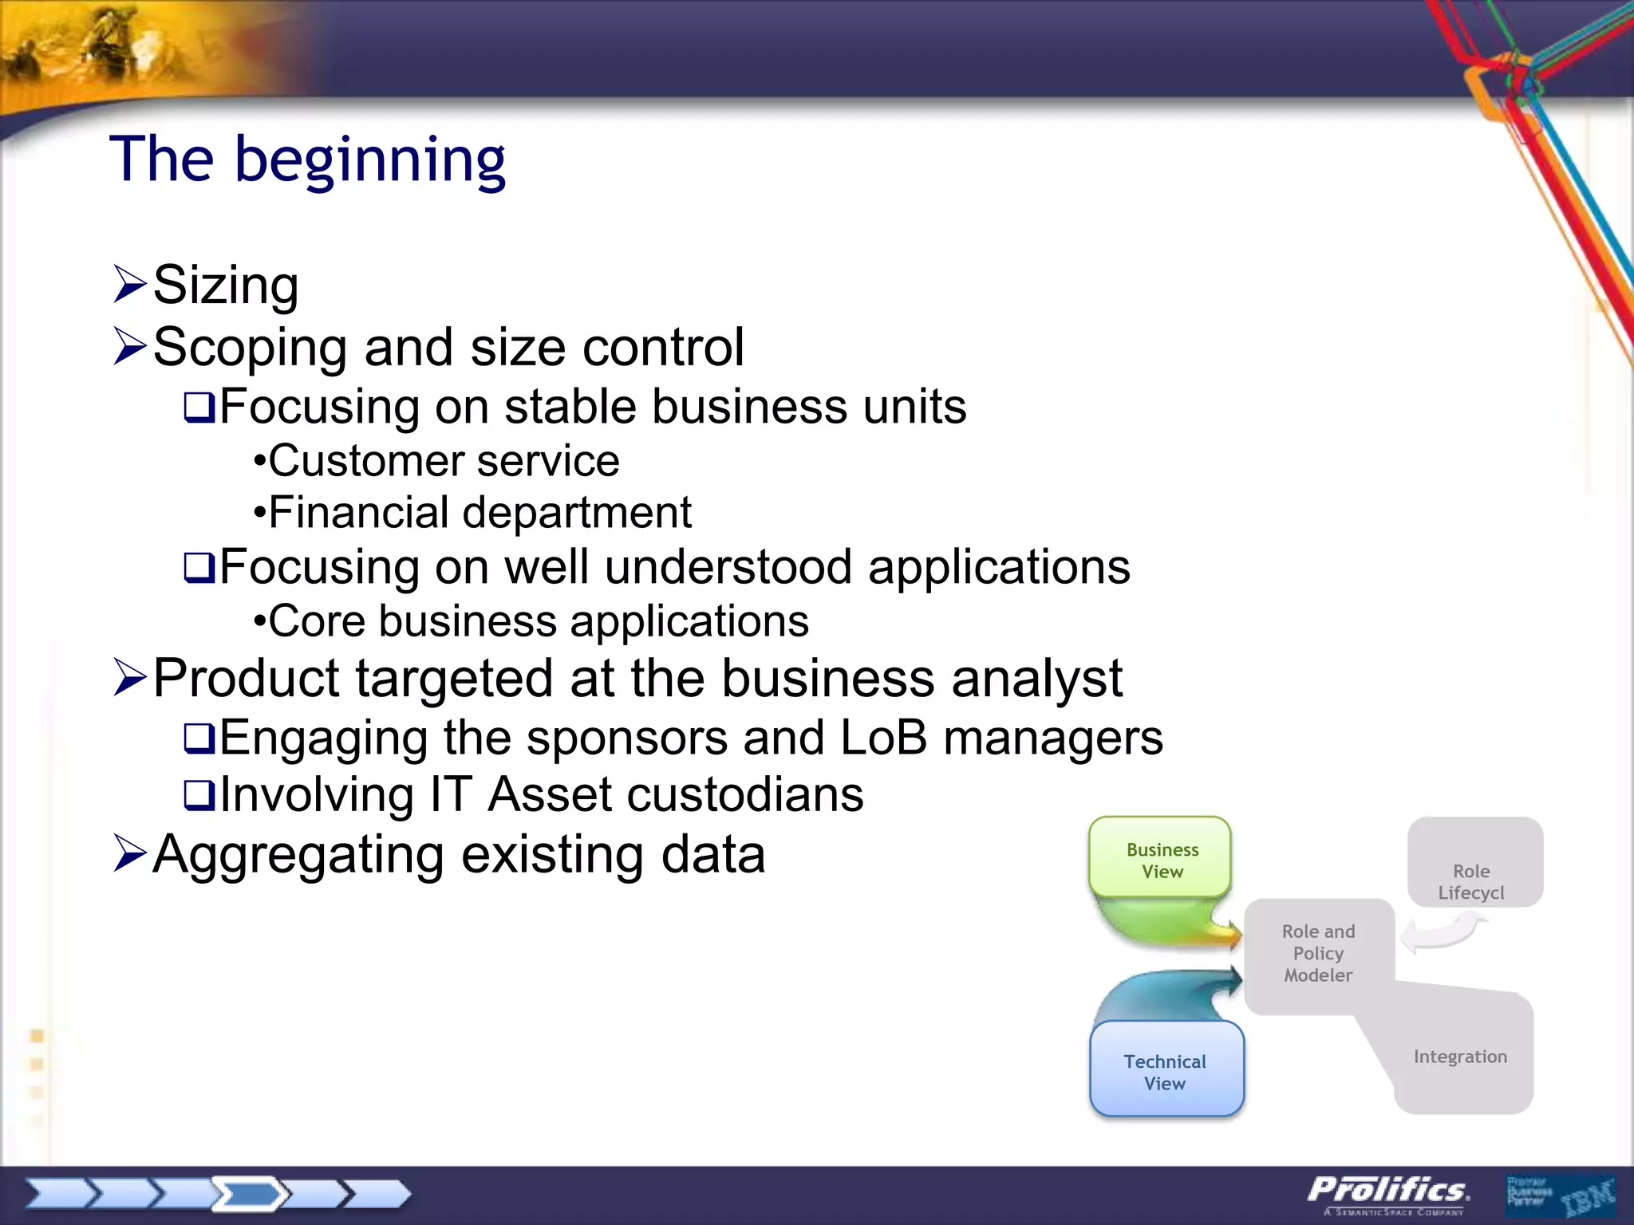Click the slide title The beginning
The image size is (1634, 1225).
pyautogui.click(x=307, y=160)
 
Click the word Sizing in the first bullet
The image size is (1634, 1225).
pyautogui.click(x=226, y=285)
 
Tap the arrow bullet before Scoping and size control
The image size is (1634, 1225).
pyautogui.click(x=130, y=346)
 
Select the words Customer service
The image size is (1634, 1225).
pyautogui.click(x=444, y=461)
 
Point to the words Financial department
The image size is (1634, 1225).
pyautogui.click(x=480, y=512)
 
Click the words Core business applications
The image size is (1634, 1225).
pyautogui.click(x=539, y=621)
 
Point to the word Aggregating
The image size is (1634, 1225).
pyautogui.click(x=298, y=854)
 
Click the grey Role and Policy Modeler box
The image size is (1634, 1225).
pyautogui.click(x=1318, y=953)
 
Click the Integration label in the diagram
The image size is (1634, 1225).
pyautogui.click(x=1460, y=1057)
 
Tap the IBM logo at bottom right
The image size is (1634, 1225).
pyautogui.click(x=1587, y=1196)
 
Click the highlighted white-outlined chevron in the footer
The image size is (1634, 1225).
pyautogui.click(x=250, y=1194)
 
